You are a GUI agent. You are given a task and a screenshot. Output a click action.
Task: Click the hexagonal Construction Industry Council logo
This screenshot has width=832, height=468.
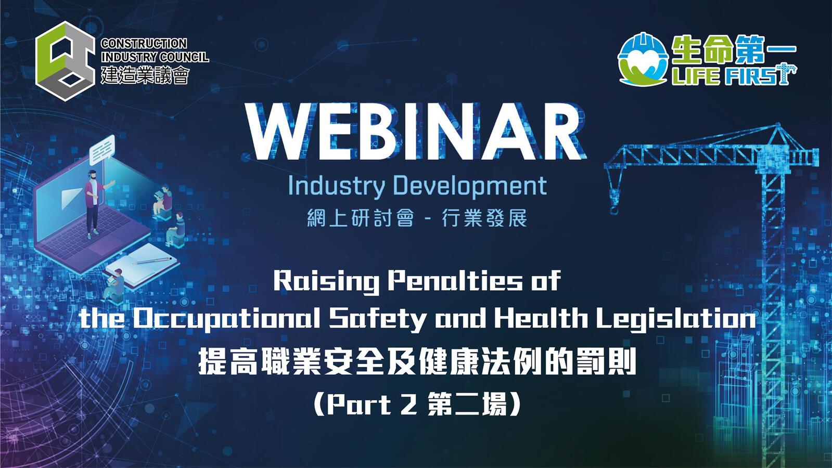click(65, 61)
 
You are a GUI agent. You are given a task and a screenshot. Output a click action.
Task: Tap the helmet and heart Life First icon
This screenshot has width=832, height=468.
click(643, 59)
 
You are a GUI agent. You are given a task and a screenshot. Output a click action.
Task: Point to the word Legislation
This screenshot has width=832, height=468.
click(676, 319)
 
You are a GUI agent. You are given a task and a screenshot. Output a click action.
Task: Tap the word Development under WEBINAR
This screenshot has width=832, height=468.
click(469, 186)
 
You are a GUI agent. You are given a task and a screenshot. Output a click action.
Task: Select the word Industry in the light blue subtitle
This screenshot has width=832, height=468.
click(336, 186)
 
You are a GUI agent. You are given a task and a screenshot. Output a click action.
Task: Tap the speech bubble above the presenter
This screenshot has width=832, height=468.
click(102, 150)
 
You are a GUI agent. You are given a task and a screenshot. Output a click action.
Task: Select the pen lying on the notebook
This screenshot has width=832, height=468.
click(152, 261)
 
